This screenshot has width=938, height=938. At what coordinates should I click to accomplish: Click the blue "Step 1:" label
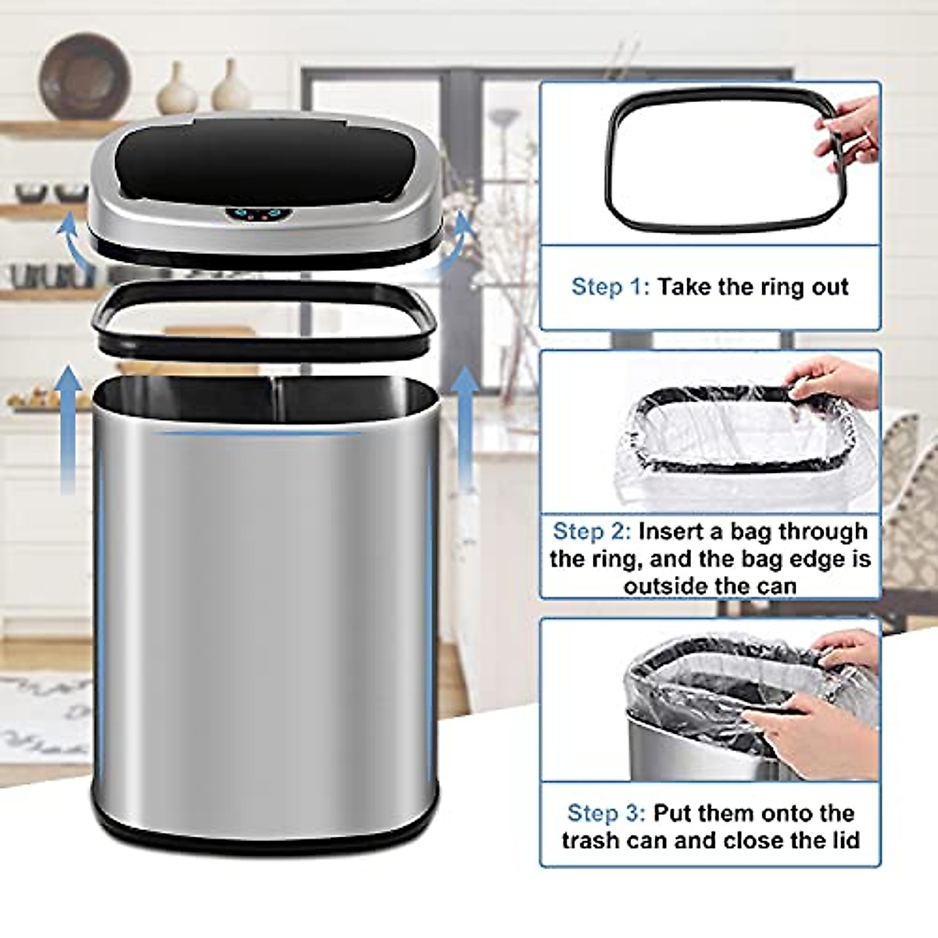(610, 287)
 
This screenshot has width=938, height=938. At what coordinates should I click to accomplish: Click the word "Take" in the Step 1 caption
(685, 287)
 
